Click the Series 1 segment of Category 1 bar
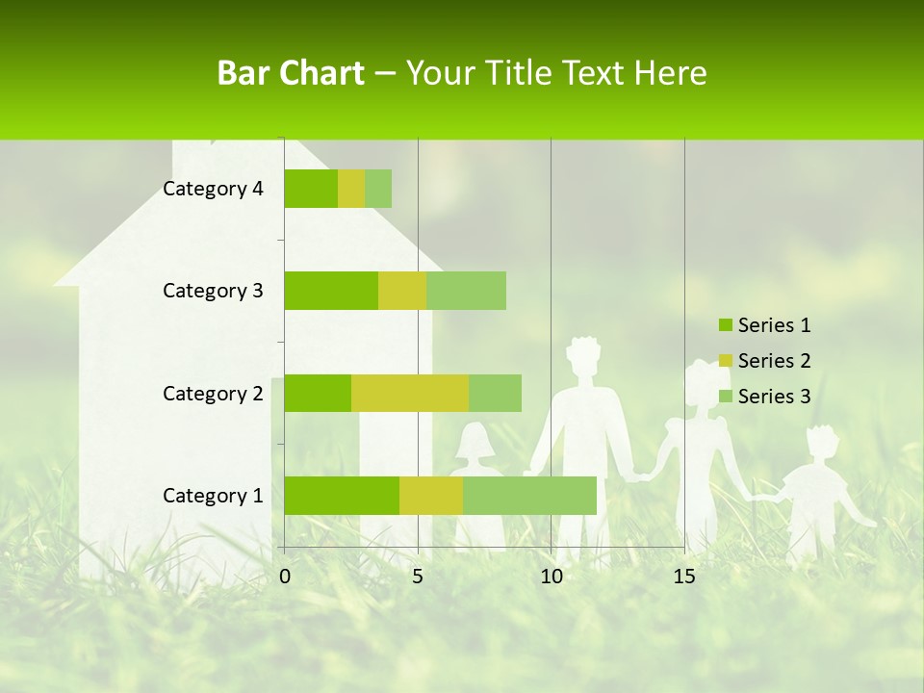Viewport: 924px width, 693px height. [342, 495]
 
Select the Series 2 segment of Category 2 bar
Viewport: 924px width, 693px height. [410, 393]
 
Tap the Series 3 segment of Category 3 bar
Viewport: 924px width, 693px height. [466, 291]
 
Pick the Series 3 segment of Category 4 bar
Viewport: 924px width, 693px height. [378, 189]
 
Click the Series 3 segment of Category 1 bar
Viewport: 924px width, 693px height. [529, 495]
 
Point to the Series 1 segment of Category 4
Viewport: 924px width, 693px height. [311, 189]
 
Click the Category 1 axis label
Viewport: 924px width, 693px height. [213, 496]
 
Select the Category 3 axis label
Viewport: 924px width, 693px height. [213, 291]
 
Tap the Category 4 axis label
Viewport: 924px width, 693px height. [213, 189]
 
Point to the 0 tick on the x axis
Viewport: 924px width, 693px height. [285, 577]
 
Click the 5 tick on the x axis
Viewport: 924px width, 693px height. [418, 577]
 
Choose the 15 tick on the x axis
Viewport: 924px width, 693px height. [684, 577]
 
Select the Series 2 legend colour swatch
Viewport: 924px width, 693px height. [725, 361]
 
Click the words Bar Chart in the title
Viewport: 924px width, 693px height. [291, 73]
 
